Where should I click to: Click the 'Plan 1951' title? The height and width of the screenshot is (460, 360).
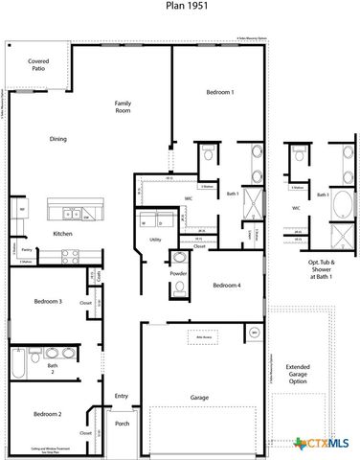click(x=180, y=6)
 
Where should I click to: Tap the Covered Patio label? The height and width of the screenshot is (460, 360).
click(x=38, y=66)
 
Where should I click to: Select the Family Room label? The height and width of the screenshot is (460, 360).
click(x=123, y=106)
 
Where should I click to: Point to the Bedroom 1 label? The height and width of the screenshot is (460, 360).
click(x=219, y=92)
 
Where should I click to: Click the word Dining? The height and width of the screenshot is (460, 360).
click(x=58, y=140)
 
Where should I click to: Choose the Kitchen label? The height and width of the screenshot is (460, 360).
click(x=63, y=235)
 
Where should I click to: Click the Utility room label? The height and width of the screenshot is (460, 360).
click(x=155, y=239)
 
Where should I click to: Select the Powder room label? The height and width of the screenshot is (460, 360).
click(x=179, y=273)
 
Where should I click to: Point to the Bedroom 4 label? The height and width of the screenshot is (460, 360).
click(x=226, y=286)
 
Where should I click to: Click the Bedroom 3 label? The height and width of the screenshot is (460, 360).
click(x=48, y=301)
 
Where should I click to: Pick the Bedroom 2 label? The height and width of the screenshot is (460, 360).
click(x=48, y=414)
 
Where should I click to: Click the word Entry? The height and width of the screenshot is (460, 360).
click(x=122, y=396)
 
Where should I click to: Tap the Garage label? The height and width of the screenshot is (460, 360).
click(x=199, y=397)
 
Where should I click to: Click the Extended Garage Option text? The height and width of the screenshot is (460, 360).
click(x=298, y=374)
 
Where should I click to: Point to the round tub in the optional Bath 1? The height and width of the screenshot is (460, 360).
click(x=339, y=236)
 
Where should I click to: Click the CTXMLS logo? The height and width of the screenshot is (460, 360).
click(x=322, y=443)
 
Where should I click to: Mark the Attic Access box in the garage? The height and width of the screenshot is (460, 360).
click(x=203, y=337)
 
